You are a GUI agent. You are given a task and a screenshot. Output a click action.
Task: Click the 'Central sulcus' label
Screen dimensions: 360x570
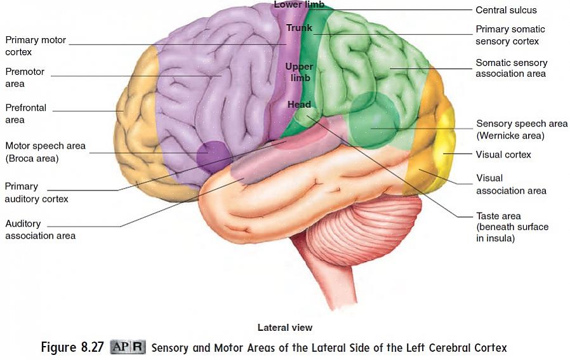tap(506, 10)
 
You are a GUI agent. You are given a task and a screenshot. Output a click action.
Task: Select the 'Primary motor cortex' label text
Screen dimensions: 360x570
tap(36, 46)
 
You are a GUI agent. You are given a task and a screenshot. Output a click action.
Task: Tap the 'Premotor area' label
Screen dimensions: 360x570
tap(25, 77)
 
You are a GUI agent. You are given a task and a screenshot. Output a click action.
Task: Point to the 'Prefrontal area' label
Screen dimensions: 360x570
tap(25, 114)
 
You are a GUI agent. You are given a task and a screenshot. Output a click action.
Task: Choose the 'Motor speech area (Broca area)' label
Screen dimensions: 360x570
tap(45, 152)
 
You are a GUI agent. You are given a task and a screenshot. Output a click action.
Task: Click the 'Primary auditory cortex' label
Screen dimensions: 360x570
tap(36, 192)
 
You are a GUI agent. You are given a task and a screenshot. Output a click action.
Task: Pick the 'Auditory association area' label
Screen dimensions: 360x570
tap(40, 229)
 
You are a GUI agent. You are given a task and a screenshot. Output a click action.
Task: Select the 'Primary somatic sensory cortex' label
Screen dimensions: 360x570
tap(510, 35)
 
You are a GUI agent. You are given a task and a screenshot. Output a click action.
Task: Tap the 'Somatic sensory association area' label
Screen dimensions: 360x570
tap(511, 68)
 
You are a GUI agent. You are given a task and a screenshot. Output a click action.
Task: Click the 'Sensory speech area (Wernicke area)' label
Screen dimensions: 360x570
tap(521, 130)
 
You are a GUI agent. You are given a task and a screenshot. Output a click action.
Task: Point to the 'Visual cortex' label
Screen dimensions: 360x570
tap(503, 154)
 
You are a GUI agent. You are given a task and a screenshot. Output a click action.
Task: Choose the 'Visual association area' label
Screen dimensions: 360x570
tap(511, 184)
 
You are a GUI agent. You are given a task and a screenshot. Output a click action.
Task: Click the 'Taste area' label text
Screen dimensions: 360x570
tap(512, 227)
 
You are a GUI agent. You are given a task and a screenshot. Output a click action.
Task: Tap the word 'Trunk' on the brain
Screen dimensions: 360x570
tap(299, 28)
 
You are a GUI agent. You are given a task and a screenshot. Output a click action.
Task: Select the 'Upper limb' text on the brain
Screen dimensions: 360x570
tap(299, 72)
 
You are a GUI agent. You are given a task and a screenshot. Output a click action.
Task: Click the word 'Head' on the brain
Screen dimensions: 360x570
tap(299, 104)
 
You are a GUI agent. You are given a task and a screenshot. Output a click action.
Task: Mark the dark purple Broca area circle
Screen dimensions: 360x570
tap(215, 157)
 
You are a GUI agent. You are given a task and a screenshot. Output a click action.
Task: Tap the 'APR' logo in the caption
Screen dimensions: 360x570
tap(128, 347)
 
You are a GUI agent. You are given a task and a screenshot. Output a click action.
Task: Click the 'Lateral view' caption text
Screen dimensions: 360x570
tap(284, 328)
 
